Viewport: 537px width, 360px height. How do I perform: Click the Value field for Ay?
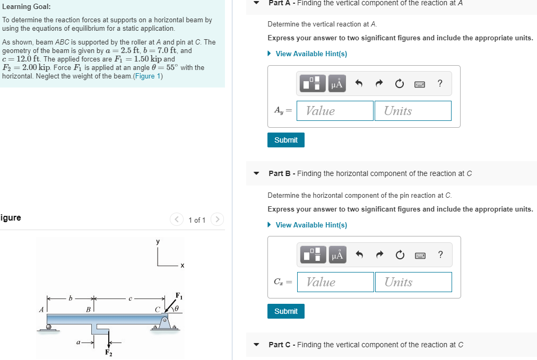[x=335, y=111]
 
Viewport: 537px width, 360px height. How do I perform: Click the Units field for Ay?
[x=413, y=111]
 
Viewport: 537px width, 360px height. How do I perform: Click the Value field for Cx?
[x=335, y=282]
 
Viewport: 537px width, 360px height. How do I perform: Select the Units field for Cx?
[x=413, y=282]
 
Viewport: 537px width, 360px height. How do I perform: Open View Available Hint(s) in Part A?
[x=311, y=54]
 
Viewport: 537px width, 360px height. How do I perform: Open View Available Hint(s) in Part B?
[x=311, y=225]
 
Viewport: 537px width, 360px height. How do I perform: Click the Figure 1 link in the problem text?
[x=147, y=76]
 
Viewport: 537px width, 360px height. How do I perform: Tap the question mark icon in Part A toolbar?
[x=440, y=83]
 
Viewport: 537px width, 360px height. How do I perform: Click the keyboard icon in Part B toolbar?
[x=420, y=255]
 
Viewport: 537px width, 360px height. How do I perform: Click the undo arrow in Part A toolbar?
[x=359, y=83]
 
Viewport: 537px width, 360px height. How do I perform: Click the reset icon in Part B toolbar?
[x=400, y=255]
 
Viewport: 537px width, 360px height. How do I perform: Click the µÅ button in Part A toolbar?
[x=337, y=83]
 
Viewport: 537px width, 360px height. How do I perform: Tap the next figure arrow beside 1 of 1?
[x=217, y=219]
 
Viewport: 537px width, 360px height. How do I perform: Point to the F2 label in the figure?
[x=108, y=353]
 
